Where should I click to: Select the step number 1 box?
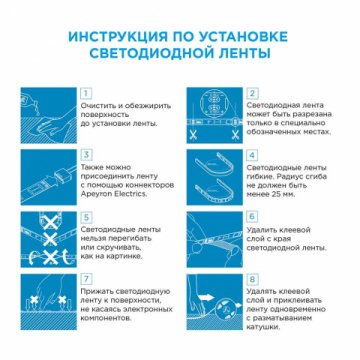[88, 91]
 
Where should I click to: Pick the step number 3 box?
[88, 155]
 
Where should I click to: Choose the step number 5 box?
[88, 215]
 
